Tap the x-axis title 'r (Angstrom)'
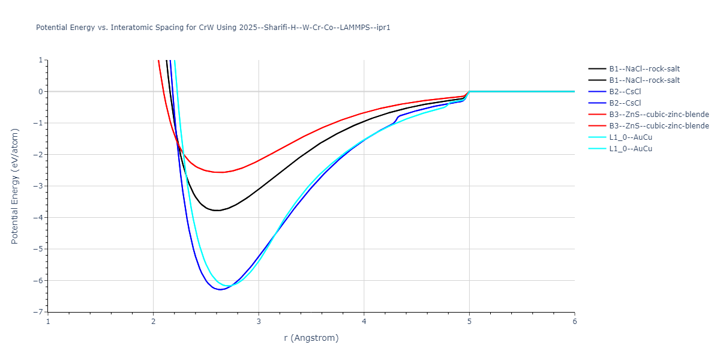pos(311,338)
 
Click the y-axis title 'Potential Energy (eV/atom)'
pos(15,186)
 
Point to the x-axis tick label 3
pos(259,322)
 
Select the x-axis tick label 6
pos(574,322)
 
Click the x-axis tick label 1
pos(48,322)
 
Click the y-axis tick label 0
pos(41,92)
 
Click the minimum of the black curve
pos(216,211)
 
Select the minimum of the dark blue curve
pos(221,290)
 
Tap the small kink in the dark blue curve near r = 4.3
pos(397,118)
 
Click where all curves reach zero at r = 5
pos(469,91)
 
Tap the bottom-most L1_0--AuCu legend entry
pos(631,149)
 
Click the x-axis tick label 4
pos(364,322)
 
